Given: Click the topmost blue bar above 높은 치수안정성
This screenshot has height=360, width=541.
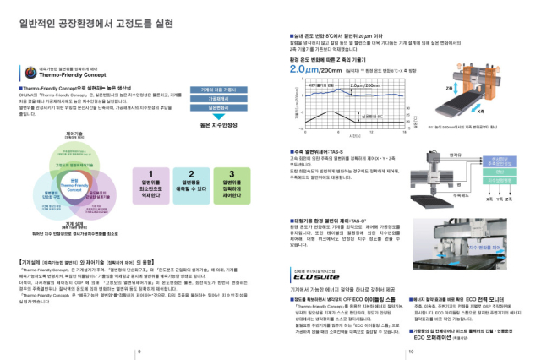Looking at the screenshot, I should pyautogui.click(x=215, y=89).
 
